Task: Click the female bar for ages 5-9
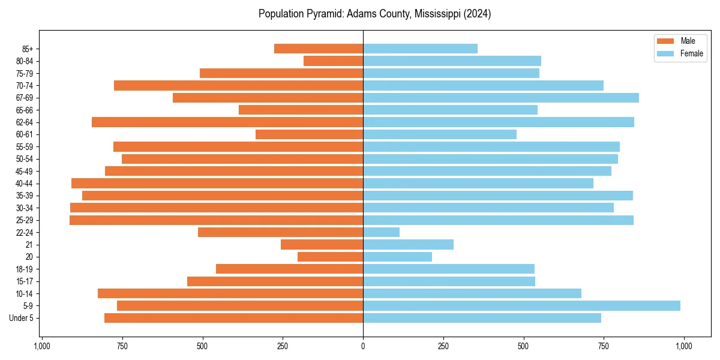pyautogui.click(x=521, y=305)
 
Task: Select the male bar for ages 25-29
pyautogui.click(x=216, y=220)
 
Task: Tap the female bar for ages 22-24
pyautogui.click(x=381, y=232)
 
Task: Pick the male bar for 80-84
pyautogui.click(x=333, y=61)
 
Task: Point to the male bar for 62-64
pyautogui.click(x=227, y=122)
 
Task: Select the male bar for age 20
pyautogui.click(x=330, y=257)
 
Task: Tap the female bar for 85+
pyautogui.click(x=420, y=49)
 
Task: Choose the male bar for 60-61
pyautogui.click(x=309, y=134)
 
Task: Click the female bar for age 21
pyautogui.click(x=408, y=244)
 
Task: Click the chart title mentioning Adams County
pyautogui.click(x=374, y=14)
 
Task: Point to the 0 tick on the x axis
pyautogui.click(x=363, y=346)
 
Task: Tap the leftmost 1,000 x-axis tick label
pyautogui.click(x=41, y=346)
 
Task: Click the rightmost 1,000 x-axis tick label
pyautogui.click(x=684, y=346)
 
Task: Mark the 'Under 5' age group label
pyautogui.click(x=22, y=318)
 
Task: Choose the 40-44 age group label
pyautogui.click(x=24, y=184)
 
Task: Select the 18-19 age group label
pyautogui.click(x=24, y=269)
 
